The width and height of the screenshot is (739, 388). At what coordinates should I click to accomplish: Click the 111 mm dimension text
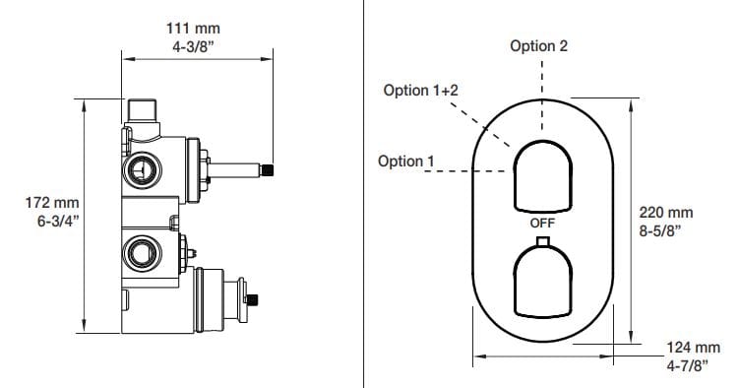coord(193,29)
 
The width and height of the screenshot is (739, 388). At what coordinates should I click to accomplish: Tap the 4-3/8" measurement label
coord(193,46)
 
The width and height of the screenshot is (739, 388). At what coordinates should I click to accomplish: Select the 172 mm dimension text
coord(52,203)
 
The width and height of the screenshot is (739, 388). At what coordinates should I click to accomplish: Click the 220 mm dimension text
coord(666,212)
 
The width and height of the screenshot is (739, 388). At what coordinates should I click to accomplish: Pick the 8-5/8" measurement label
coord(660,231)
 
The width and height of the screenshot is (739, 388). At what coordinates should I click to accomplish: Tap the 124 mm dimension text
coord(694,348)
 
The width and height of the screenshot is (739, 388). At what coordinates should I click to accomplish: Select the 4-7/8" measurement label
coord(688,365)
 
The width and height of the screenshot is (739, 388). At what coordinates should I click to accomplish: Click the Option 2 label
coord(538,45)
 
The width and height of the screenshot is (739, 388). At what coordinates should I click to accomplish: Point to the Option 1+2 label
coord(420,90)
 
